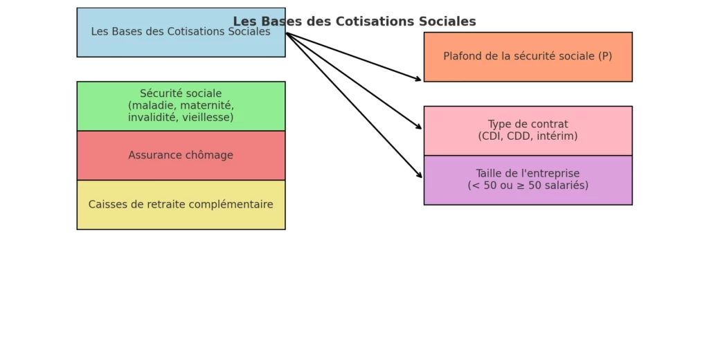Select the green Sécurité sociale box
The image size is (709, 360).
pos(181,106)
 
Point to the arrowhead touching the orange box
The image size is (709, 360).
pos(418,80)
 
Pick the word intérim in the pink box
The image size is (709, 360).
pos(558,136)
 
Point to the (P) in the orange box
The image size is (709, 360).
pos(604,57)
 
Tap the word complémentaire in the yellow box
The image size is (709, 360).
pos(233,204)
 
